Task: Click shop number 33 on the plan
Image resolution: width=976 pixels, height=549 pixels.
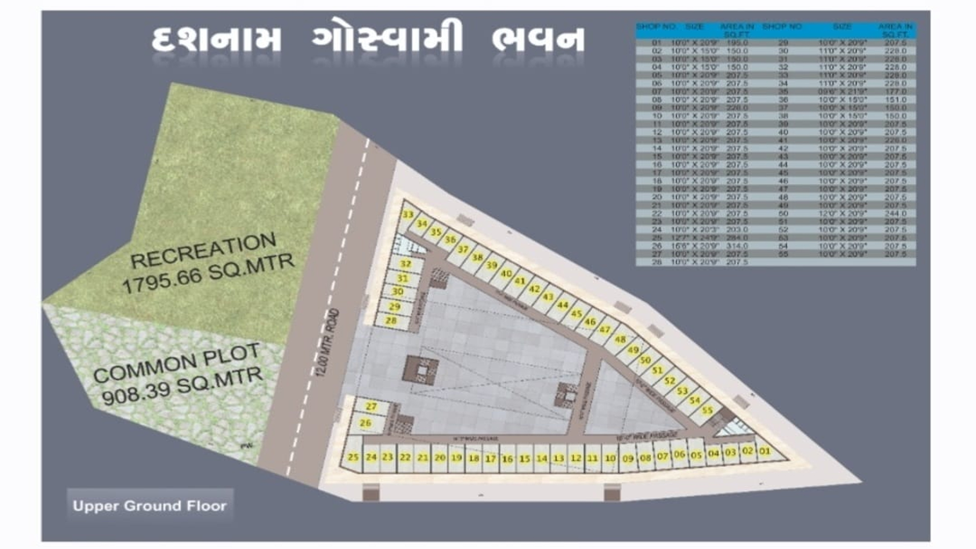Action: tap(408, 215)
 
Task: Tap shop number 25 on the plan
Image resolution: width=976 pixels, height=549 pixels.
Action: tap(353, 457)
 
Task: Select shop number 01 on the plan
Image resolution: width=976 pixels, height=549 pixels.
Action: tap(765, 451)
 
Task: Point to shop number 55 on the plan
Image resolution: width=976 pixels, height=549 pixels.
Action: tap(707, 410)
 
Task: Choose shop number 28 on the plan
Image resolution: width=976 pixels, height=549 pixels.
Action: tap(390, 321)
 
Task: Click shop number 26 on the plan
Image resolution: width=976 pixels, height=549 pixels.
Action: tap(365, 423)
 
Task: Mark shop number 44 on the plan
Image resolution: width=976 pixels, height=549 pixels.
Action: tap(562, 305)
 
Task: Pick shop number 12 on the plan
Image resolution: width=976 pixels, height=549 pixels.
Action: tap(575, 458)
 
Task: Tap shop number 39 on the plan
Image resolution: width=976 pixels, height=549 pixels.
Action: tap(491, 265)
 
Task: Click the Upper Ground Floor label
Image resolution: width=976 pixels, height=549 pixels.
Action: tap(149, 506)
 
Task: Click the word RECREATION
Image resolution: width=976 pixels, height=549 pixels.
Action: tap(203, 251)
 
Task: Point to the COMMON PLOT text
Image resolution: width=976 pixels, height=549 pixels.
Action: tap(176, 364)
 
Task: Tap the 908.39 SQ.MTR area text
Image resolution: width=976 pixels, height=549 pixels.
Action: tap(182, 386)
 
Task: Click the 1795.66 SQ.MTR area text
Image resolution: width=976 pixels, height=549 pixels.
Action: tap(208, 274)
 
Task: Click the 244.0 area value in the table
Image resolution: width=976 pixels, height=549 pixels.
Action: tap(895, 213)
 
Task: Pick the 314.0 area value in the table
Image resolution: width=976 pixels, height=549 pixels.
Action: tap(737, 246)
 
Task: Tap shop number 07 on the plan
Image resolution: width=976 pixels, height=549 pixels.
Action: tap(662, 456)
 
